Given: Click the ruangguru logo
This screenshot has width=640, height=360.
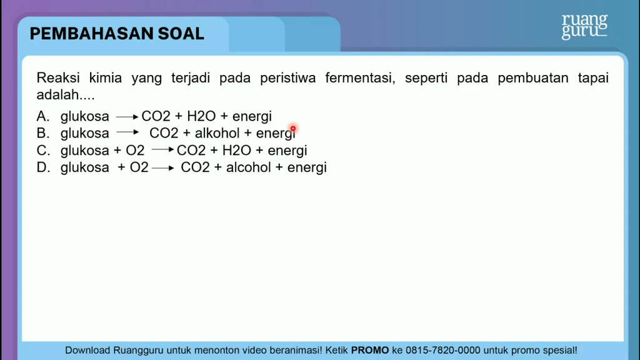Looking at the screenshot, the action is [x=584, y=26].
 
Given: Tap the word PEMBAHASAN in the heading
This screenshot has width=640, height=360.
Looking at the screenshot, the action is [x=91, y=34].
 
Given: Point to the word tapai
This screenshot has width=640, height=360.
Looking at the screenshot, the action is [x=593, y=78].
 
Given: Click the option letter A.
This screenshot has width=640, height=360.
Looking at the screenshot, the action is [x=43, y=116].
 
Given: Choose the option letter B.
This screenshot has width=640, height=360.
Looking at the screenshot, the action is [x=43, y=133].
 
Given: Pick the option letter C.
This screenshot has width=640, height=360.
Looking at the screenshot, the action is [x=43, y=150].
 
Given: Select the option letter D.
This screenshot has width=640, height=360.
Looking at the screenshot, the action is [x=43, y=167].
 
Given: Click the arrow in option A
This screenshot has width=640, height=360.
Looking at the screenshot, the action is [x=127, y=117].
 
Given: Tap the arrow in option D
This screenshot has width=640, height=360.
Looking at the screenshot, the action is [x=163, y=167].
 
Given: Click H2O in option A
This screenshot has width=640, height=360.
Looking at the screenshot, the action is [x=201, y=116].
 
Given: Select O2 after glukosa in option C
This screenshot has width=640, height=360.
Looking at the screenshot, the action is [x=135, y=150].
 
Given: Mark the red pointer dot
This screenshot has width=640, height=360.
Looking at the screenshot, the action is [x=293, y=129].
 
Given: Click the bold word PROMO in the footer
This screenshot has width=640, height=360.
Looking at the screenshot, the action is [x=370, y=350].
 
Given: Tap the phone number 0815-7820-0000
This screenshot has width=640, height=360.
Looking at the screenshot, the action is [x=443, y=350].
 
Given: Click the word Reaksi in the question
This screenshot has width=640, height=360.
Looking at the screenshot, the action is [x=58, y=77].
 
